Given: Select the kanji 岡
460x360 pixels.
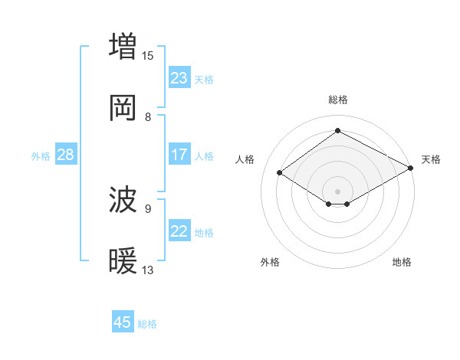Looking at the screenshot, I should point(123,108).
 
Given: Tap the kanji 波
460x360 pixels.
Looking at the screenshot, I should point(123,201).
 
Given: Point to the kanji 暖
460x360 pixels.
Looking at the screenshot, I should point(123,262).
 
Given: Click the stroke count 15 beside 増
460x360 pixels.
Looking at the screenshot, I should point(148,55).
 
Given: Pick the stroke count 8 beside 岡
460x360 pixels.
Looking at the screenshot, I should point(148,117).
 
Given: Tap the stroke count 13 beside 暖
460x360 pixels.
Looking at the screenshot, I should point(148,270).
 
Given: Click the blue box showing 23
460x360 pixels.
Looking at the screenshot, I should point(179,78).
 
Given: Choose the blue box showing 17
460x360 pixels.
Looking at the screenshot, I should point(179,155).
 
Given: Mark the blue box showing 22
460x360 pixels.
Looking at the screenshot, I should point(179,231).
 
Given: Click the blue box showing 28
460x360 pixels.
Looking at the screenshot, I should point(66,155).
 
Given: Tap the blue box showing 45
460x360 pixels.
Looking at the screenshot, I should point(123,322).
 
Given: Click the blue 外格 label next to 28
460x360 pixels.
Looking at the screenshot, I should point(41,156).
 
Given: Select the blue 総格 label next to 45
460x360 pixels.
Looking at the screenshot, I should point(147,324).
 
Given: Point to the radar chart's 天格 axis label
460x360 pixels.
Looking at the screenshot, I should point(431,159).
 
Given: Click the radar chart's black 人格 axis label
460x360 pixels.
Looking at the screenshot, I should point(245,159).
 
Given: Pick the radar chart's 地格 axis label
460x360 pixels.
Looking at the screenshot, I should point(402,262).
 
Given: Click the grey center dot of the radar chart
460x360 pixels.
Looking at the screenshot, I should point(338,191).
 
